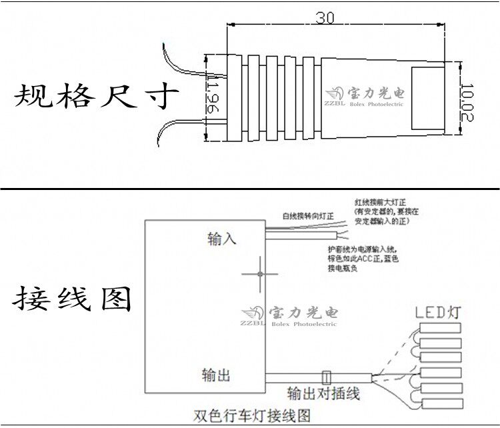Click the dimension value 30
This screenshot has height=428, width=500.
coord(325,18)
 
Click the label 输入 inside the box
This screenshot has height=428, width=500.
coord(222,239)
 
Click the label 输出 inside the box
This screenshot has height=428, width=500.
coord(216,375)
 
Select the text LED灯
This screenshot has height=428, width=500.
coord(438,312)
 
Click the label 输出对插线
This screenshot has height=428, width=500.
coord(323,393)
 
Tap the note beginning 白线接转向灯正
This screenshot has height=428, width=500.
coord(312,217)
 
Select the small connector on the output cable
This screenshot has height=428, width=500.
coord(327,377)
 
